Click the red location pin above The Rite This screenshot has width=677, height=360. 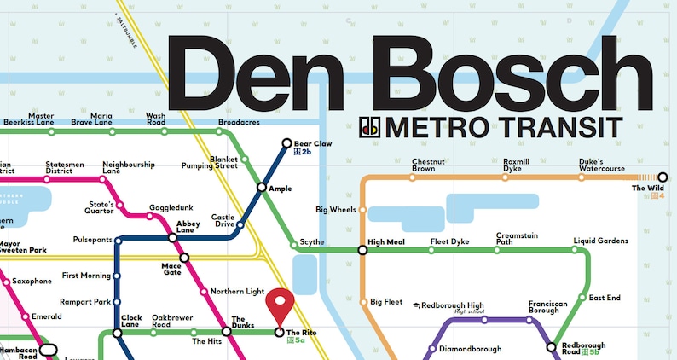coord(279,304)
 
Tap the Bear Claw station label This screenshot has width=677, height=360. coord(313,143)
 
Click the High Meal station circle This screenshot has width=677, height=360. coord(362,250)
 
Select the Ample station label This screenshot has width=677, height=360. coord(280,188)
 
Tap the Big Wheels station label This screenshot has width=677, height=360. coord(336,209)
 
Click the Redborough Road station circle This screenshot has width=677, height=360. coord(551,347)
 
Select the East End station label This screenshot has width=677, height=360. coord(605,298)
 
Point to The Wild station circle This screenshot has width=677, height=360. coord(663,177)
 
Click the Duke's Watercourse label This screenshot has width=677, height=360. coord(602,165)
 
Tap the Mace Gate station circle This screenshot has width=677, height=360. coord(184,257)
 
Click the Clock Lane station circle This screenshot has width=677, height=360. coord(116,331)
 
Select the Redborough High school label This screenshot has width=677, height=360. coord(453,305)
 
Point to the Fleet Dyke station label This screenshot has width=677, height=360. coord(449,241)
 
